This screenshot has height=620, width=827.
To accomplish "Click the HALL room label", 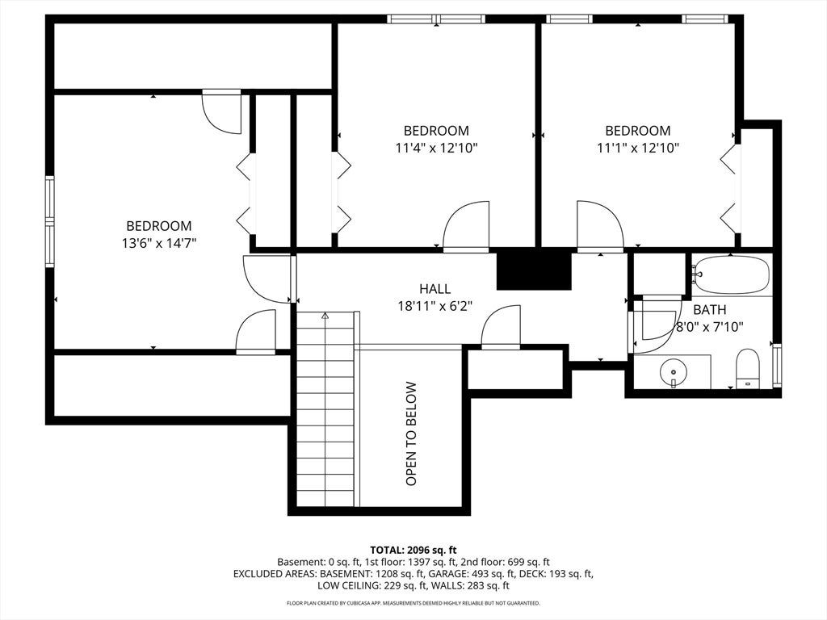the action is coord(435,288).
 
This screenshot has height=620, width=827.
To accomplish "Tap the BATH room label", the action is coord(709,309).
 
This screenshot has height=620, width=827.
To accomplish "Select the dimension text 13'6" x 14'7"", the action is coord(159,243).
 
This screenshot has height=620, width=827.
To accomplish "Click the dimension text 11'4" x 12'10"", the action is coord(436,148).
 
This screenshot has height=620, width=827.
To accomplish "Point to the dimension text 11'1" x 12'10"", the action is coord(638,148).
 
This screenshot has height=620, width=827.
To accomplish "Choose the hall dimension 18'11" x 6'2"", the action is coord(434,306).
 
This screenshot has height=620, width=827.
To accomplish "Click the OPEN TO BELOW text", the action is coord(411,434).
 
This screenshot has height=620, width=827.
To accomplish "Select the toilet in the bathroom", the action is coord(747,367).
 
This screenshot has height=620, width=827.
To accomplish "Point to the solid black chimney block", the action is coord(535,269).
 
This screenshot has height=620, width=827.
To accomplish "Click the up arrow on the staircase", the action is coord(325,316).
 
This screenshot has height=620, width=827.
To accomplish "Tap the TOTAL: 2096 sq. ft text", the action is coord(413,551).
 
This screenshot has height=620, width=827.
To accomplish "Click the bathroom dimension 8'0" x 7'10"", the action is coord(710,327).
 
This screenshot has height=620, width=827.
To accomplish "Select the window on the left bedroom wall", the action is coord(50,221).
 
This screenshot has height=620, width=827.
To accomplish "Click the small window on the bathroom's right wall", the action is coord(776,365).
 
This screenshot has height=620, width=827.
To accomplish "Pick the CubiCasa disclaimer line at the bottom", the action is coord(413,602).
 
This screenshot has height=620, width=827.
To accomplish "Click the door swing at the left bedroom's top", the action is coord(222,112).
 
